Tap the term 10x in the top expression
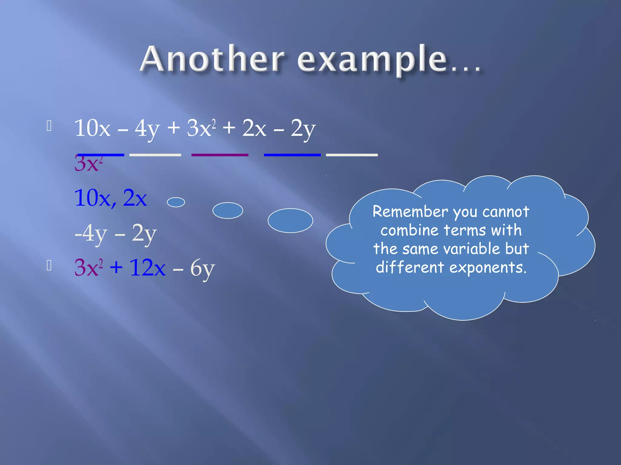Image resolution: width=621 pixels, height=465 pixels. point(92,128)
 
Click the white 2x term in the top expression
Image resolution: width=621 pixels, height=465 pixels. point(254,128)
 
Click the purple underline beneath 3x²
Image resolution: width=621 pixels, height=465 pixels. point(220,155)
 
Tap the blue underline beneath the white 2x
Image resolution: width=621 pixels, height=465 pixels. point(292,155)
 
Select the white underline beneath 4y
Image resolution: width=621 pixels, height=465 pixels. point(155,155)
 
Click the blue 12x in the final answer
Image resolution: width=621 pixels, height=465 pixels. point(147,268)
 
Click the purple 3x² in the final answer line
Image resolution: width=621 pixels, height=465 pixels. point(88,268)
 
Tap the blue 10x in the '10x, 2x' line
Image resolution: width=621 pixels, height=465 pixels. point(92,198)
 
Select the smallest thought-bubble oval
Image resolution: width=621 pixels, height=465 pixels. point(176,202)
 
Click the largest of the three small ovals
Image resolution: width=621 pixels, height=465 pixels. point(290,220)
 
